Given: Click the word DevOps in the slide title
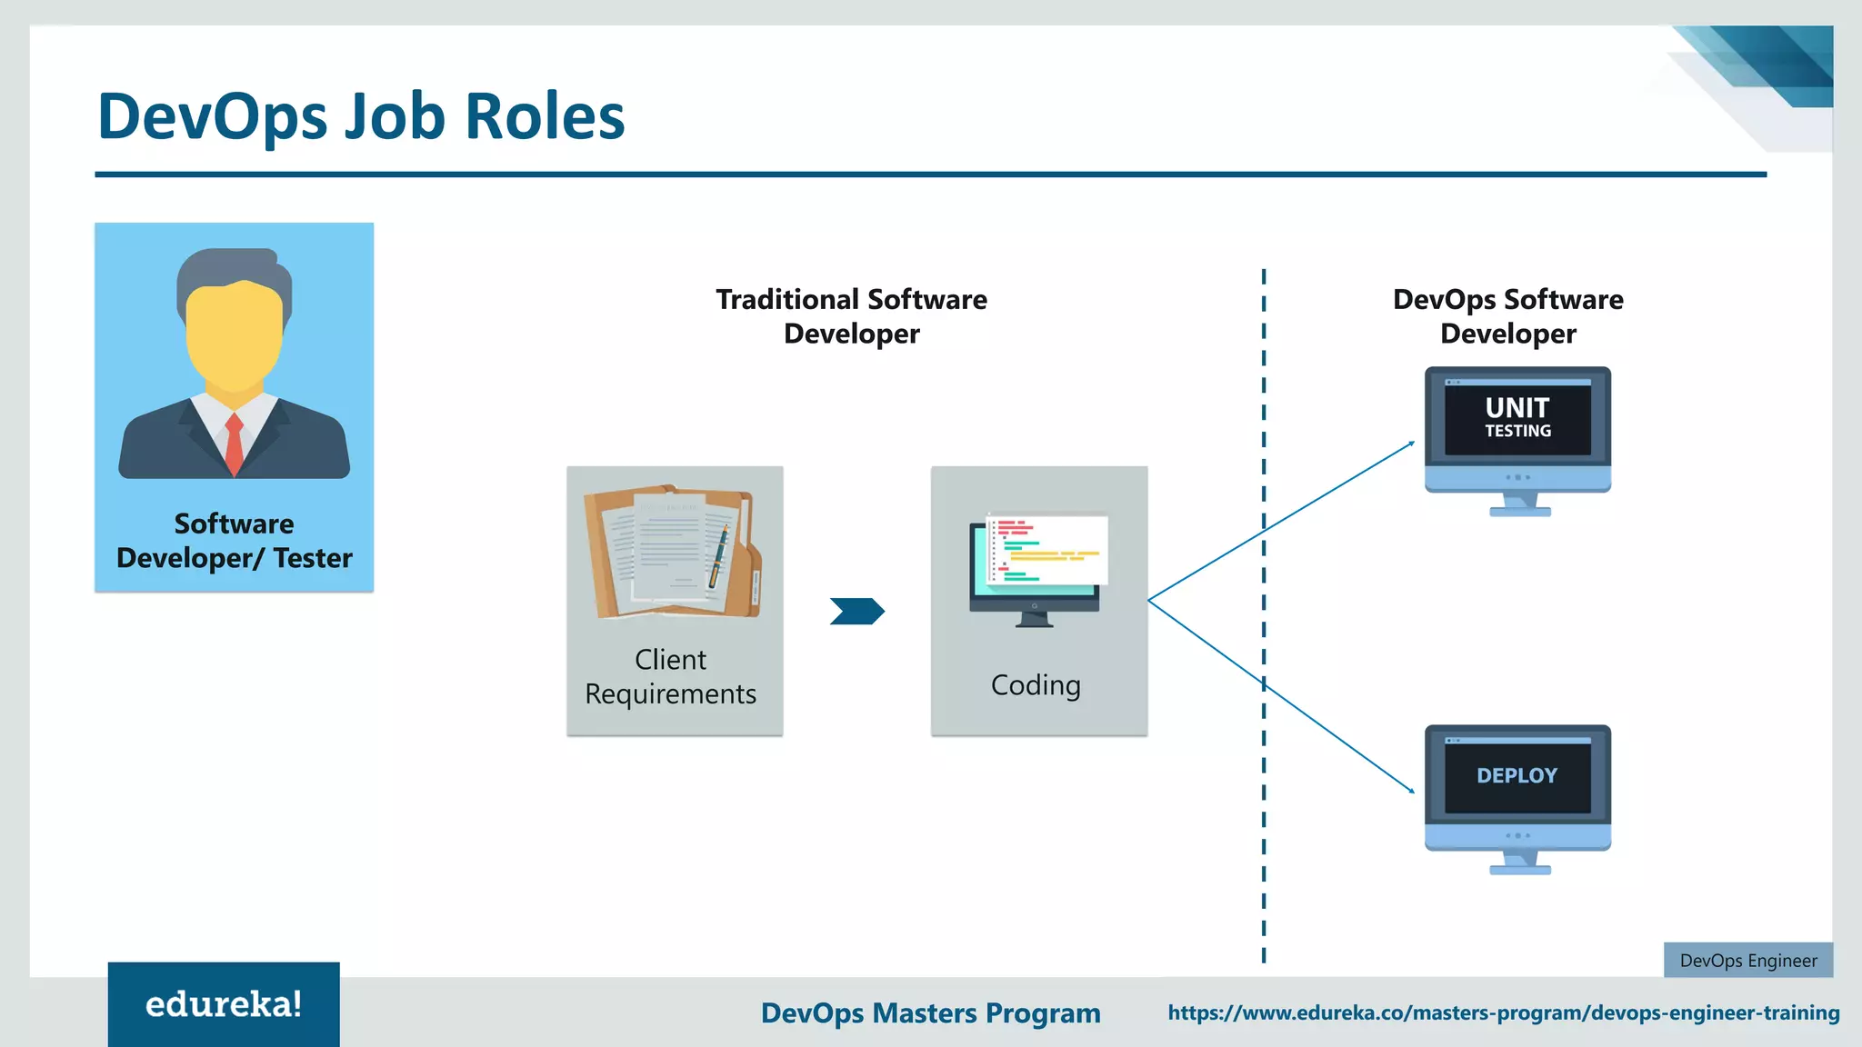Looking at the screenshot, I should click(212, 116).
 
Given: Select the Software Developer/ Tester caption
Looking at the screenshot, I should click(234, 541).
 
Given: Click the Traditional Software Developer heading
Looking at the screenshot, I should click(851, 316).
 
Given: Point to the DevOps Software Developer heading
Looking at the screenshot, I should click(1507, 316).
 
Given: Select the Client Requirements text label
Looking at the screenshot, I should click(671, 676).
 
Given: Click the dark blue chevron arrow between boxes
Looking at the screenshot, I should click(856, 611).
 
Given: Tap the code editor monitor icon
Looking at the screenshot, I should click(1036, 568).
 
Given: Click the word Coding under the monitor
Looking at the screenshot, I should click(1036, 685).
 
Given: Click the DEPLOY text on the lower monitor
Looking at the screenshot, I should click(1517, 775).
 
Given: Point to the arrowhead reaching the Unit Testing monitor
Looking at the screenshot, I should click(1411, 444).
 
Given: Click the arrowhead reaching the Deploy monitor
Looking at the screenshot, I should click(1411, 791).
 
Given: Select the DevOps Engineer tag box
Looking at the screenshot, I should click(1747, 961).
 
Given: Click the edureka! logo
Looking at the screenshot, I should click(224, 1004).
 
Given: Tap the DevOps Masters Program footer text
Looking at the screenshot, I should click(930, 1012).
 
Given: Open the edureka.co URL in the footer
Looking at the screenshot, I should click(1503, 1012).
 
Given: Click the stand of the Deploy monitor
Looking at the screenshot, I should click(1519, 863).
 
